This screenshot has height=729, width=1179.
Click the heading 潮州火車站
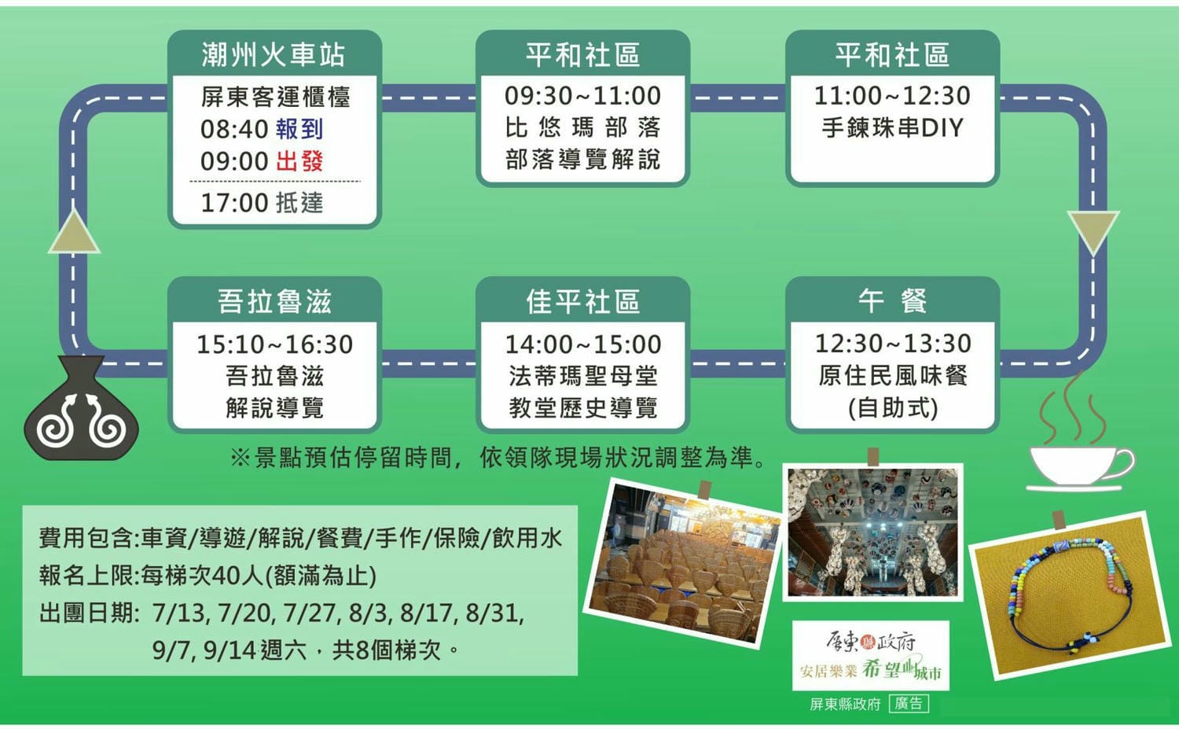point(274,55)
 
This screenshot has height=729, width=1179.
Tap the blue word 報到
point(299,129)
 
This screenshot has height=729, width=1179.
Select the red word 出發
point(299,161)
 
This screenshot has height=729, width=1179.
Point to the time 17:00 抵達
point(262,203)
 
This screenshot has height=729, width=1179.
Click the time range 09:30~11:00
point(582,96)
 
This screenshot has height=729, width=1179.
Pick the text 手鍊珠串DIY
point(892,128)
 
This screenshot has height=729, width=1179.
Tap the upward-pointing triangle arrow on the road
point(74,232)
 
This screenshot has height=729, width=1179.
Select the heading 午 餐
point(892,301)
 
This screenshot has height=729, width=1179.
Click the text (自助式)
point(893,407)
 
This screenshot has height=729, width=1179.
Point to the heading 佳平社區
point(582,302)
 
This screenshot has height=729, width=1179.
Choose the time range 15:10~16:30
point(274,344)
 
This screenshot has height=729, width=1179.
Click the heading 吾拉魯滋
point(274,302)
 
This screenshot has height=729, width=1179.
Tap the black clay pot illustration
point(81,407)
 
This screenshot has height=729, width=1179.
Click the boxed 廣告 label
point(909,704)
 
